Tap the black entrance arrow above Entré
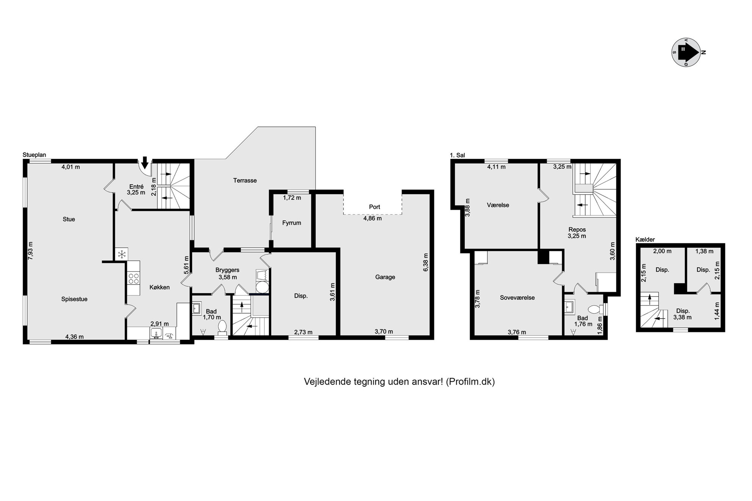[x=145, y=162]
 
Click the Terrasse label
[x=245, y=181]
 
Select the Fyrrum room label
[x=291, y=223]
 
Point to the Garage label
[x=385, y=277]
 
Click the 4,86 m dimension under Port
[x=373, y=218]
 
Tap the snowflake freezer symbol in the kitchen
[x=122, y=254]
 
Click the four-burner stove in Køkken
[x=133, y=278]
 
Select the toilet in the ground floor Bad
[x=222, y=328]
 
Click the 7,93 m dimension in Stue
[x=31, y=250]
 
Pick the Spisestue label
[x=74, y=299]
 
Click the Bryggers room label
[x=227, y=270]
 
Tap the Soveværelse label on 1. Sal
[x=517, y=298]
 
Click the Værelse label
[x=498, y=205]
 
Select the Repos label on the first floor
[x=577, y=229]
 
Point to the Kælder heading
[x=645, y=239]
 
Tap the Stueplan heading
[x=34, y=155]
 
